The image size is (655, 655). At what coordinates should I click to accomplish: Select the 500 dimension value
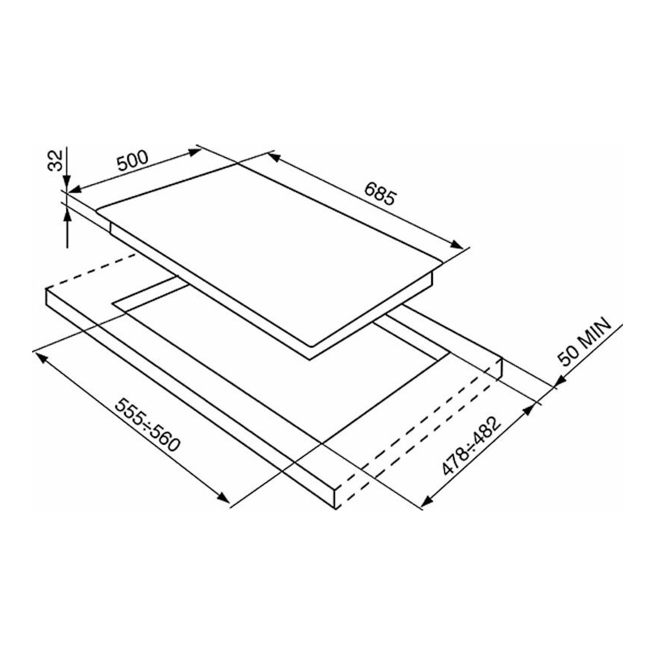coord(133,160)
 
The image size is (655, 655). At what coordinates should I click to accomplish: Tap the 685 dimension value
coord(380,194)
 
